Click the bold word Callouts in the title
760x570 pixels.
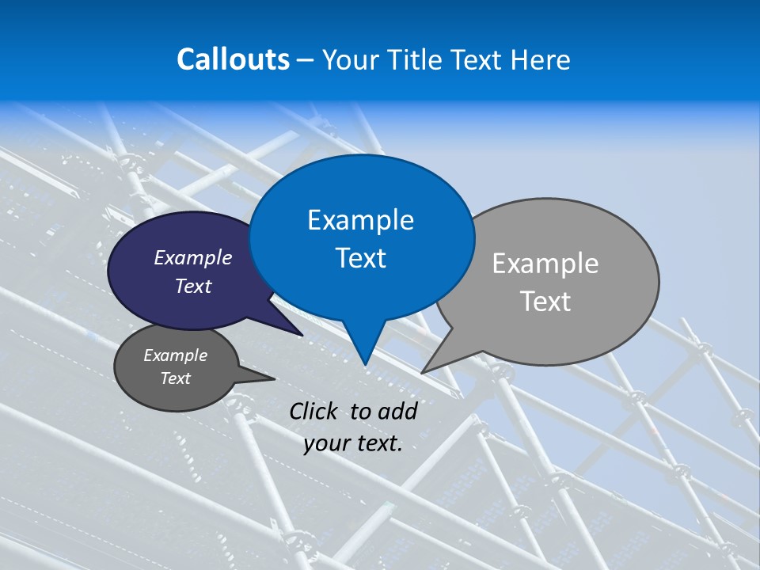point(233,59)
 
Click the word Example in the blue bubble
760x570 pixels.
point(360,220)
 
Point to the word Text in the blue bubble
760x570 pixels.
point(360,257)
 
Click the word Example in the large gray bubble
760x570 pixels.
point(545,264)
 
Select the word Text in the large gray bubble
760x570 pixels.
point(545,302)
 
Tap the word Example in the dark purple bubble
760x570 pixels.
point(193,257)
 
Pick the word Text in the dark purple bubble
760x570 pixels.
point(193,286)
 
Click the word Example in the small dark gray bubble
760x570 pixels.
point(175,355)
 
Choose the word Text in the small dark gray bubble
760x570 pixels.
point(175,378)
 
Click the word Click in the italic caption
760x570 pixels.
point(314,411)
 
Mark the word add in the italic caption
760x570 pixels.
point(397,411)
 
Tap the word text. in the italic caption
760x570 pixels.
point(377,443)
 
